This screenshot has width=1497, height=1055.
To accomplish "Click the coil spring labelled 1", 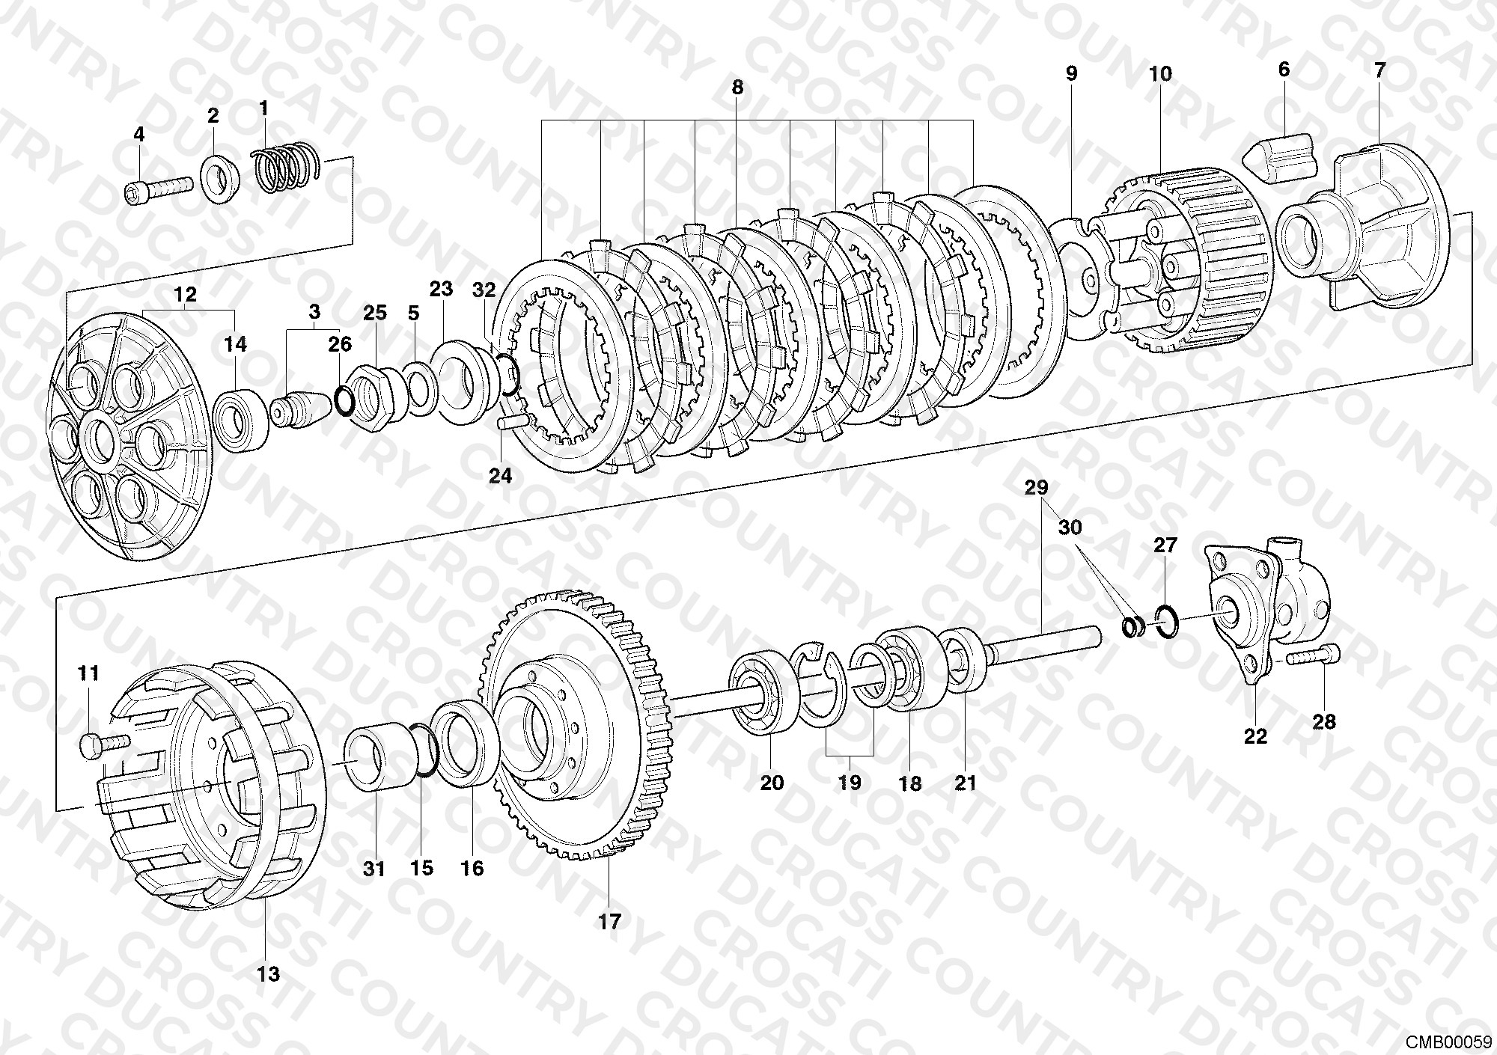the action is coord(287,168).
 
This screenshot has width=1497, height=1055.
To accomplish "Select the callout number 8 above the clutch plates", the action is coord(737,88).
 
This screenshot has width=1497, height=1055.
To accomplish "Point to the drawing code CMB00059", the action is coord(1448,1042).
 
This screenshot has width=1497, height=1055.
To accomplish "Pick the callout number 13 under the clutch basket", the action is coord(268,973).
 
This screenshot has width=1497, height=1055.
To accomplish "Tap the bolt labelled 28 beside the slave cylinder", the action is coord(1314,656).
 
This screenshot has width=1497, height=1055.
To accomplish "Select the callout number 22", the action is coord(1255,736).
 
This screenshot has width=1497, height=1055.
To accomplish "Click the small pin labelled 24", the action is coord(512,423).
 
